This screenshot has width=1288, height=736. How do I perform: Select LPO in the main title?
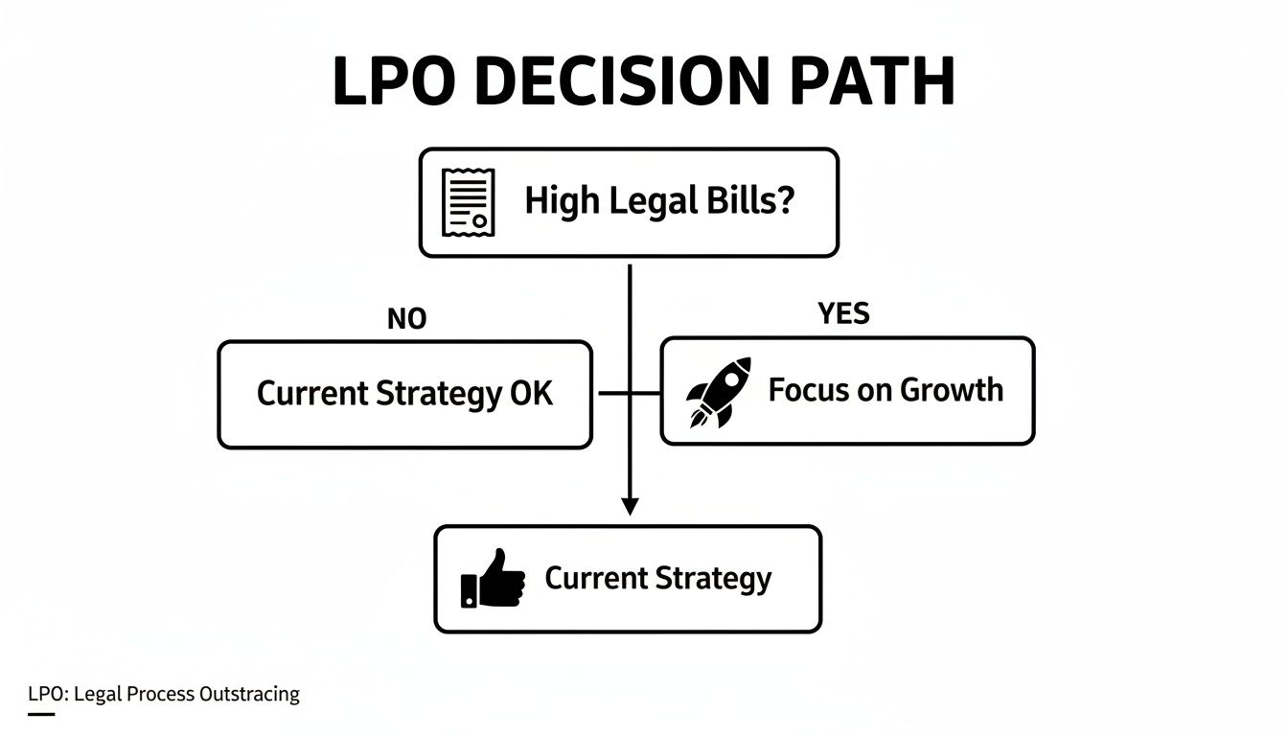point(394,81)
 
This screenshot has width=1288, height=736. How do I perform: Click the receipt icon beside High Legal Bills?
point(468,202)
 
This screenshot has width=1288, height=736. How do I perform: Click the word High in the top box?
point(561,202)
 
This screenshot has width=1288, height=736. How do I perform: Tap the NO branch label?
point(406,319)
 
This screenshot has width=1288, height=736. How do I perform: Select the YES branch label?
point(843,313)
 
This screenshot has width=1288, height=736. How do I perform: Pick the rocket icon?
point(719,392)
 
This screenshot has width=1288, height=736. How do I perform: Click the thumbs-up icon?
point(494,579)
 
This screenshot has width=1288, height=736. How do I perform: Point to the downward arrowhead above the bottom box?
point(630,506)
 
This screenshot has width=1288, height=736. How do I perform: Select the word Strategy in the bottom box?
point(713,579)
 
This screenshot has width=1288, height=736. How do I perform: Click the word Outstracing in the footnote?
point(249,694)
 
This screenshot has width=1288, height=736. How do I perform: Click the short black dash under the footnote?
point(41,713)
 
